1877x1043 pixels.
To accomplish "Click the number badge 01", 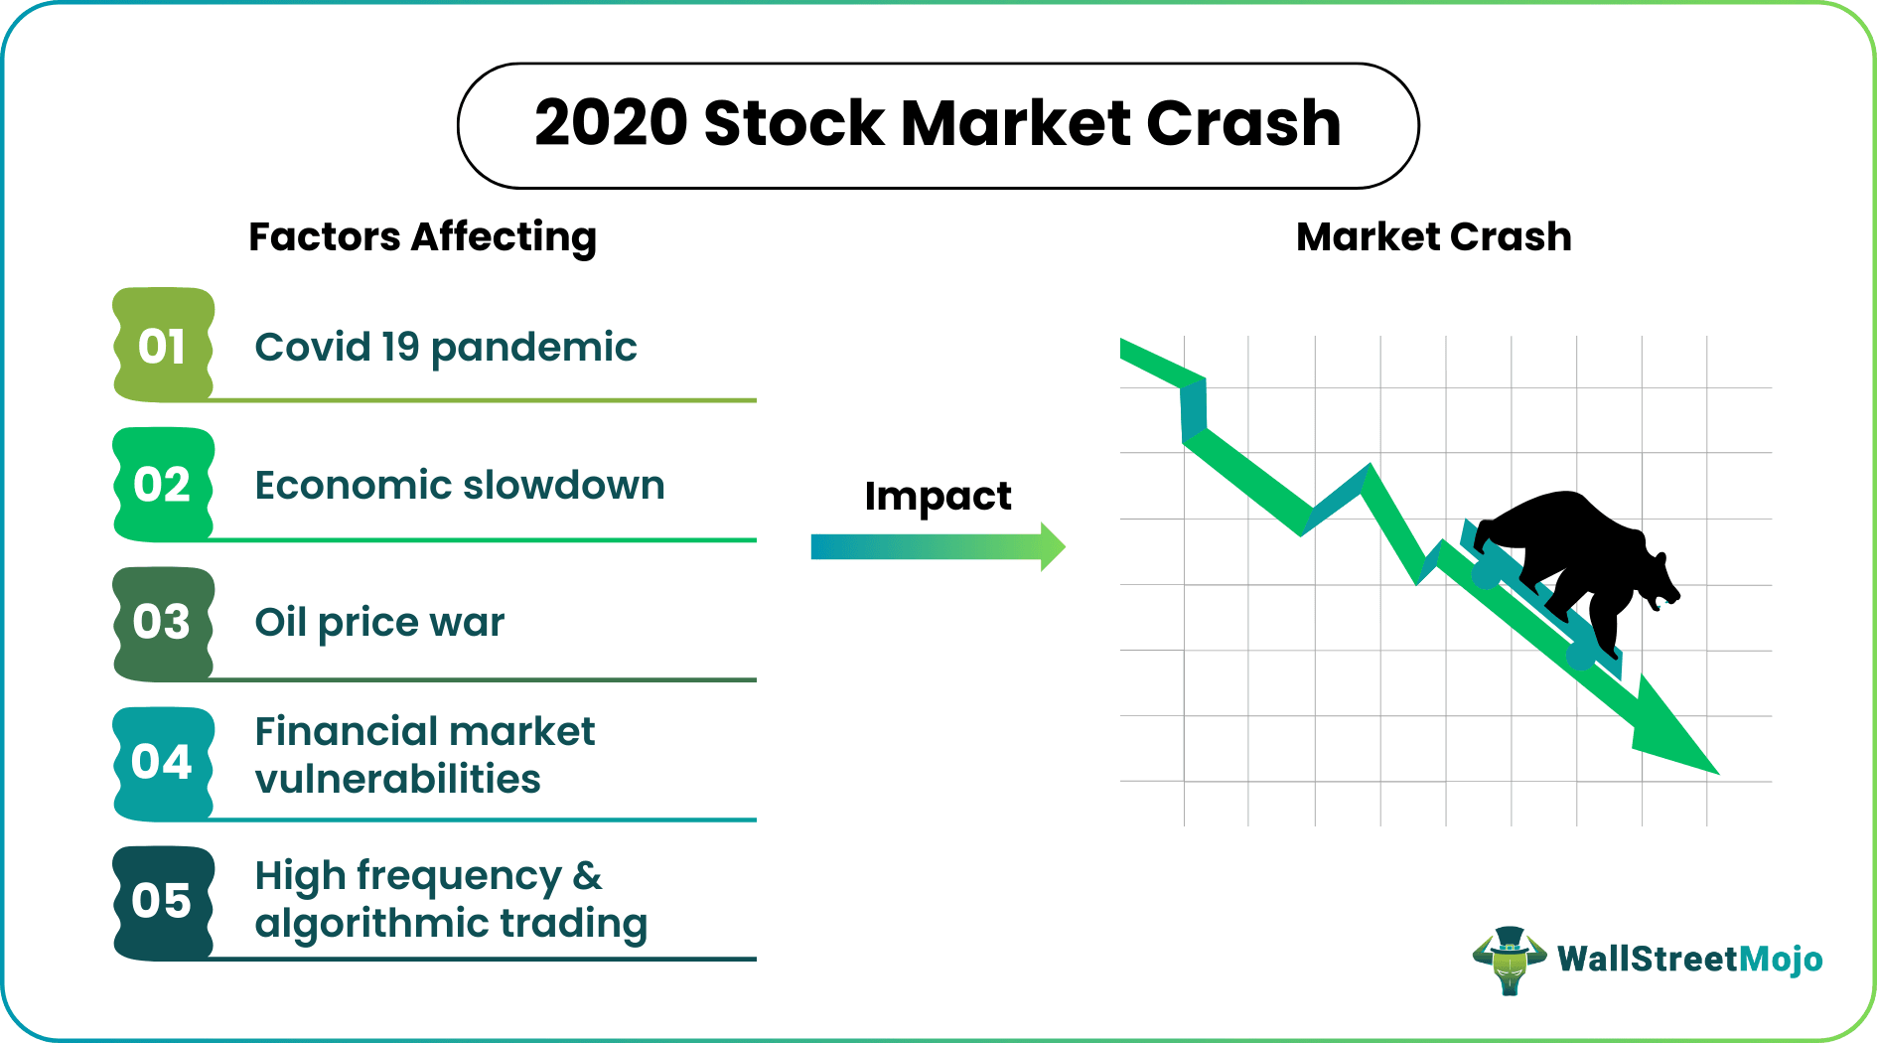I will click(x=163, y=346).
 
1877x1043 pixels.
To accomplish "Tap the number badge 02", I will click(x=163, y=485).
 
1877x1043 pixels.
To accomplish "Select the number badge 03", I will click(x=163, y=623).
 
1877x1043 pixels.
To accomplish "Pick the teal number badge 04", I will click(x=163, y=762).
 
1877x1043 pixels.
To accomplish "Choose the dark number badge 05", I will click(x=163, y=901).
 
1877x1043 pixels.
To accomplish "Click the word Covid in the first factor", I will click(x=312, y=348).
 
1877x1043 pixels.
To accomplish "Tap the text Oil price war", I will click(x=379, y=623).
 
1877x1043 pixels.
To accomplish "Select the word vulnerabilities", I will click(x=397, y=780).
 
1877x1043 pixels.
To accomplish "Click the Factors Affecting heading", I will click(x=422, y=237).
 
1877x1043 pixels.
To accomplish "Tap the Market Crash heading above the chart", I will click(x=1433, y=237).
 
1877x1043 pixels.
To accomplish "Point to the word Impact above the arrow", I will click(x=938, y=496).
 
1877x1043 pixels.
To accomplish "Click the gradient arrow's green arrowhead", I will click(x=1053, y=546).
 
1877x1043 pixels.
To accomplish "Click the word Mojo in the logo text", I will click(x=1782, y=959).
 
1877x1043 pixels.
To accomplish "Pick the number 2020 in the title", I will click(x=611, y=124).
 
